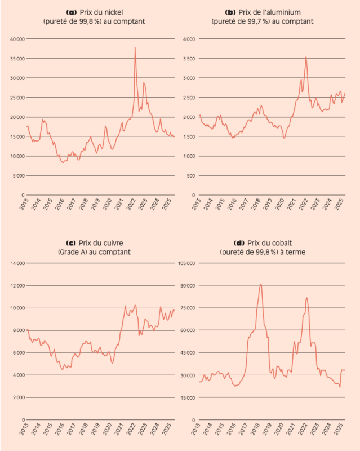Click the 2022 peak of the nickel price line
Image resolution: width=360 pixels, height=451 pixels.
coord(135,48)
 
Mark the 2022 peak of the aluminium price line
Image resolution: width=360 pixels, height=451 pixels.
coord(306,57)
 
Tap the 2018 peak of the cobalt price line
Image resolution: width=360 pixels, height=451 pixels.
coord(261,284)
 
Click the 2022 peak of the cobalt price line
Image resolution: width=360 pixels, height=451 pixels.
coord(306,298)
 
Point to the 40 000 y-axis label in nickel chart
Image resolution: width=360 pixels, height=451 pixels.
coord(16,39)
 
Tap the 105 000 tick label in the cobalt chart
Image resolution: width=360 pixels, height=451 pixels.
coord(186,263)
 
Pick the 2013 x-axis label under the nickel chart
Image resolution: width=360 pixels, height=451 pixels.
coord(25,206)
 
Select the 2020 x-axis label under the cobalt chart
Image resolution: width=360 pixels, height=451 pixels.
coord(279,431)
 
